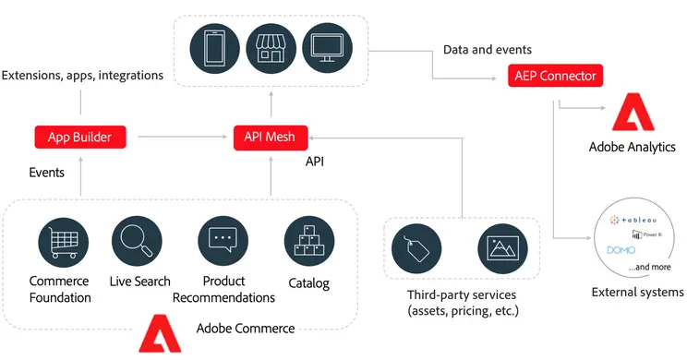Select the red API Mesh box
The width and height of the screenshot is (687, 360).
coord(270,138)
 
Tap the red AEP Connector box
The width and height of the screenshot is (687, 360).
coord(553,76)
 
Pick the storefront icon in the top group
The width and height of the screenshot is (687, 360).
coord(271,47)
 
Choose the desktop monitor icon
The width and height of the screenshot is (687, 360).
coord(327,47)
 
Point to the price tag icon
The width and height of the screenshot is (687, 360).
coord(416,251)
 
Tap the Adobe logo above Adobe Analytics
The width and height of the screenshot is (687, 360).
coord(631,114)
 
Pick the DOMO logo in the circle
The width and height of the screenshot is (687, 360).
coord(621,250)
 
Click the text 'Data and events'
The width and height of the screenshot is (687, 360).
coord(487,49)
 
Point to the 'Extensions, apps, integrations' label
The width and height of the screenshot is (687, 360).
coord(83,74)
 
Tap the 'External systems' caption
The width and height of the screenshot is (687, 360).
coord(637,293)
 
